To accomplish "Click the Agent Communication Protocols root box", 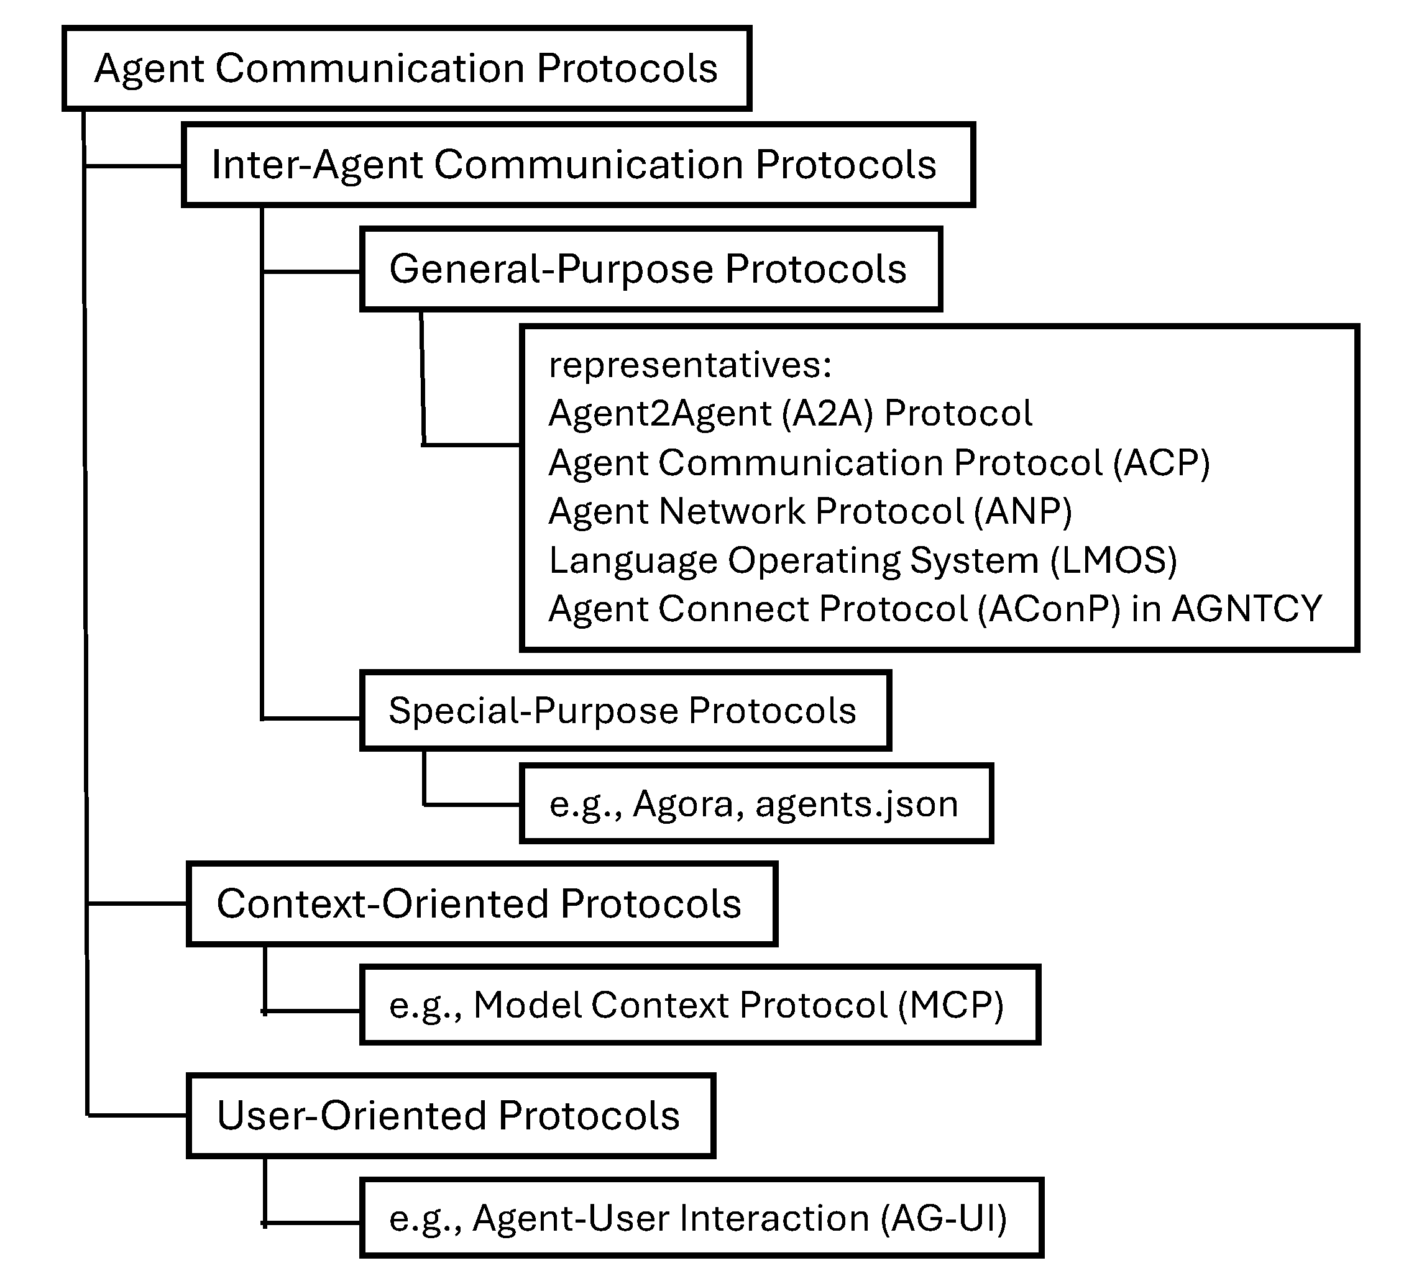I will point(407,69).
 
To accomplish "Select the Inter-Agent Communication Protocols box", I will point(577,165).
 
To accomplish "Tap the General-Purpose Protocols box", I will point(650,269).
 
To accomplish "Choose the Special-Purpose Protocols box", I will point(625,710).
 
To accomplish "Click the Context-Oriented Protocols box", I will point(481,904).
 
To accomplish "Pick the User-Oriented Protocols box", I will point(450,1116).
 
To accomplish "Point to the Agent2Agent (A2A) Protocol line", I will point(790,413).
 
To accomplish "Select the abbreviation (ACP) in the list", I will point(1162,463).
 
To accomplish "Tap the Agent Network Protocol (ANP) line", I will point(810,511).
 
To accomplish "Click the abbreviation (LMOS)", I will point(1114,560).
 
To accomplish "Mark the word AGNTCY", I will point(1247,609).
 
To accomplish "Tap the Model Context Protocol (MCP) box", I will point(699,1005).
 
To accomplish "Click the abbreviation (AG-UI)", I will point(944,1218).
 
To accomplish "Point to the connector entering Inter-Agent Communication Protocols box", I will point(133,166).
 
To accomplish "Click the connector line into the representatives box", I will point(471,445).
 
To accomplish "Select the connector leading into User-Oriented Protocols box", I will point(137,1115).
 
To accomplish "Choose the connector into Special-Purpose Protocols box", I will point(311,718).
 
